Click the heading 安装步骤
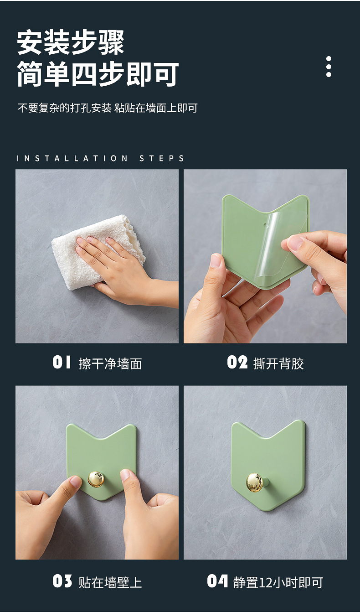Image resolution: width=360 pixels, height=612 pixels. [x=71, y=42]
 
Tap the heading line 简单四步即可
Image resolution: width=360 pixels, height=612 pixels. [x=98, y=74]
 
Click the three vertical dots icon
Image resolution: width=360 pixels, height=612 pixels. [x=329, y=67]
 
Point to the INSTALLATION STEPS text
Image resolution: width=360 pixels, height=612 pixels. [x=100, y=158]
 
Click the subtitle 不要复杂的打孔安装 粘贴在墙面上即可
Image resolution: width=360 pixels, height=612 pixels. [x=108, y=108]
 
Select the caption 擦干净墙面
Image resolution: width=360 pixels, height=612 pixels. [x=110, y=363]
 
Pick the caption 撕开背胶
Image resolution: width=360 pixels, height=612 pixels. [x=278, y=363]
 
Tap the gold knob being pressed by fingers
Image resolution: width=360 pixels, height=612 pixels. [x=96, y=479]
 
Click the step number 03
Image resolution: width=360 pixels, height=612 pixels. [x=62, y=581]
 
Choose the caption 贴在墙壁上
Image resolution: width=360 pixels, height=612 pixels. [x=110, y=582]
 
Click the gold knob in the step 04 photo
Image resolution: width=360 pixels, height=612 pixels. [x=255, y=482]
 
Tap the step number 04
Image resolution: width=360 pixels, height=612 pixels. [x=217, y=581]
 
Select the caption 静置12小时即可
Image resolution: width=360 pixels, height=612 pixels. [x=278, y=582]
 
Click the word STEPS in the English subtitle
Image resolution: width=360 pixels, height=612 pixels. [x=162, y=158]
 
